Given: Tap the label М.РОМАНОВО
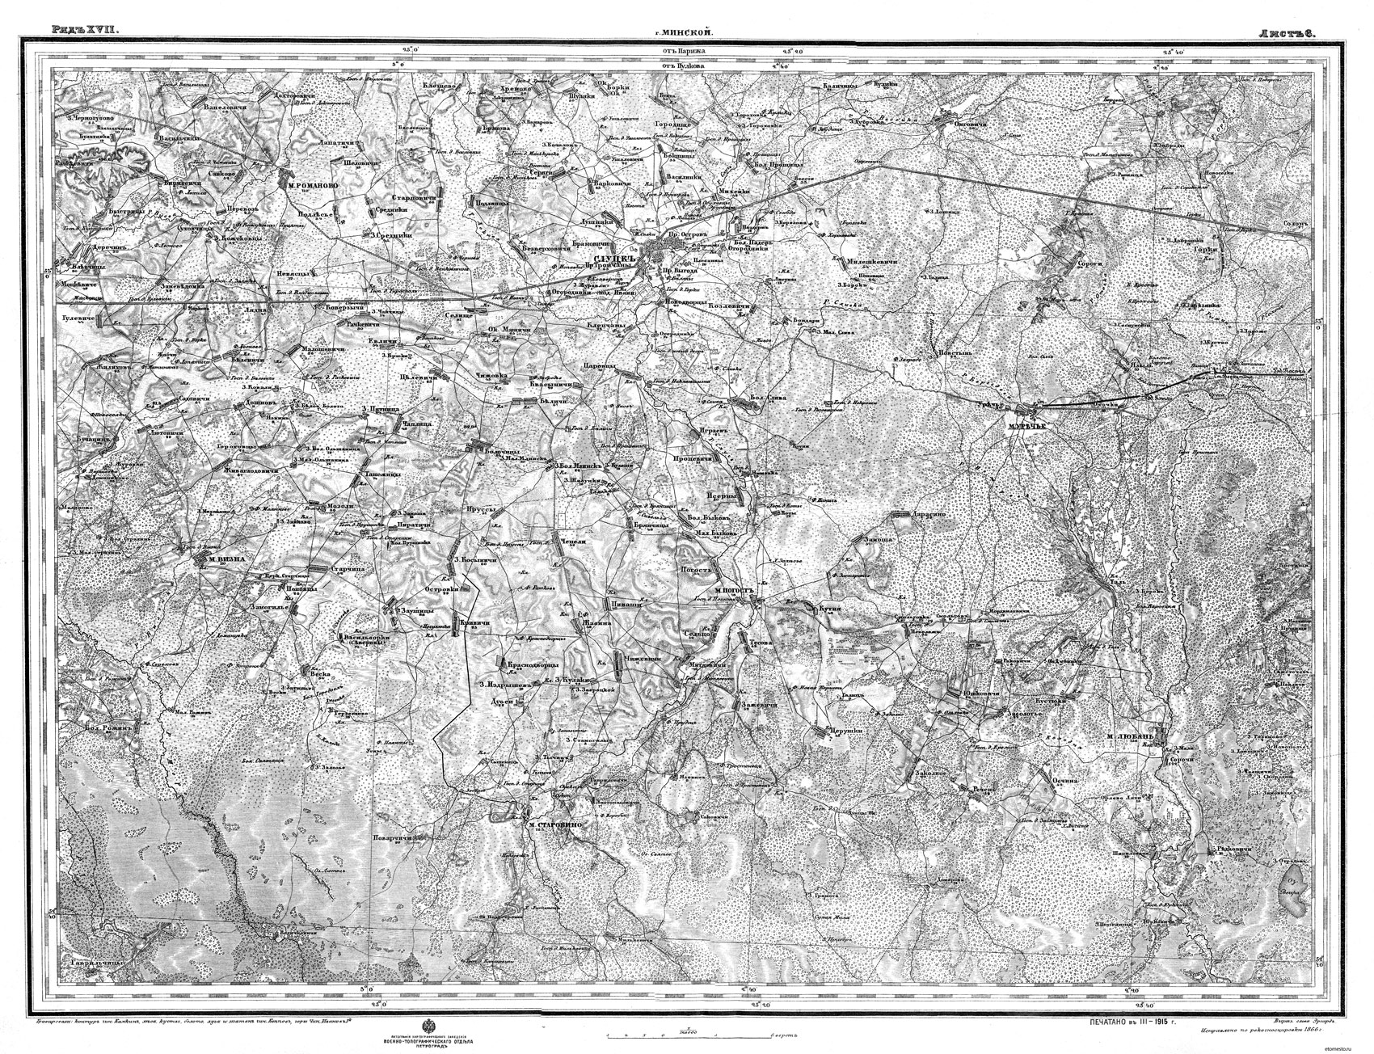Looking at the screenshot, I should click(311, 184).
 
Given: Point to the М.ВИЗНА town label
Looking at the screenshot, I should click(214, 558).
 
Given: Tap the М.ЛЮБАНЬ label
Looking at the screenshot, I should click(1132, 738).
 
